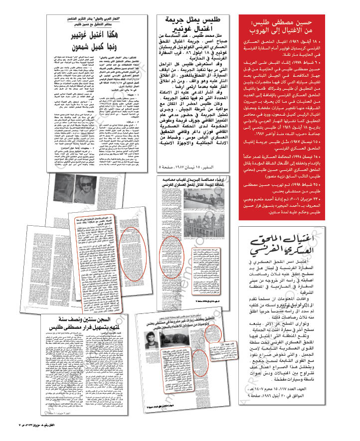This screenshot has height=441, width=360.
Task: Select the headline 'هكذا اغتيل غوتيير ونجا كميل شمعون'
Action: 96,44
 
